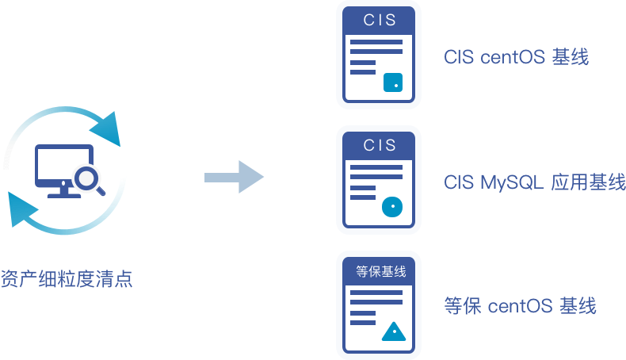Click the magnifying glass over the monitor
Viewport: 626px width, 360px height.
(x=86, y=178)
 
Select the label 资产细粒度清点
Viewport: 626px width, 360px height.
(x=66, y=280)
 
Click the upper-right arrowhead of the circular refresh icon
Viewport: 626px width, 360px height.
(x=108, y=127)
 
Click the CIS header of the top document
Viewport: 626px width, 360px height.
(x=378, y=21)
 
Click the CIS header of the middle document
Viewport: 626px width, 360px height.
(x=378, y=145)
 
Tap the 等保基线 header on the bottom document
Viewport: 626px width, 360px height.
(x=379, y=272)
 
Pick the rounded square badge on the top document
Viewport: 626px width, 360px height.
(x=393, y=82)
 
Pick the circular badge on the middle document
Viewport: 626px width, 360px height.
(x=393, y=207)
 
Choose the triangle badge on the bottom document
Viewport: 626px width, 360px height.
(x=393, y=331)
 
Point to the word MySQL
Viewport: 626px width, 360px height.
(x=511, y=182)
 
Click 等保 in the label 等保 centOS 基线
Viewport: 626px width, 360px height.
(x=460, y=306)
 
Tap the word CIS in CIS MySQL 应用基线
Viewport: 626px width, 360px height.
(x=459, y=182)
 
